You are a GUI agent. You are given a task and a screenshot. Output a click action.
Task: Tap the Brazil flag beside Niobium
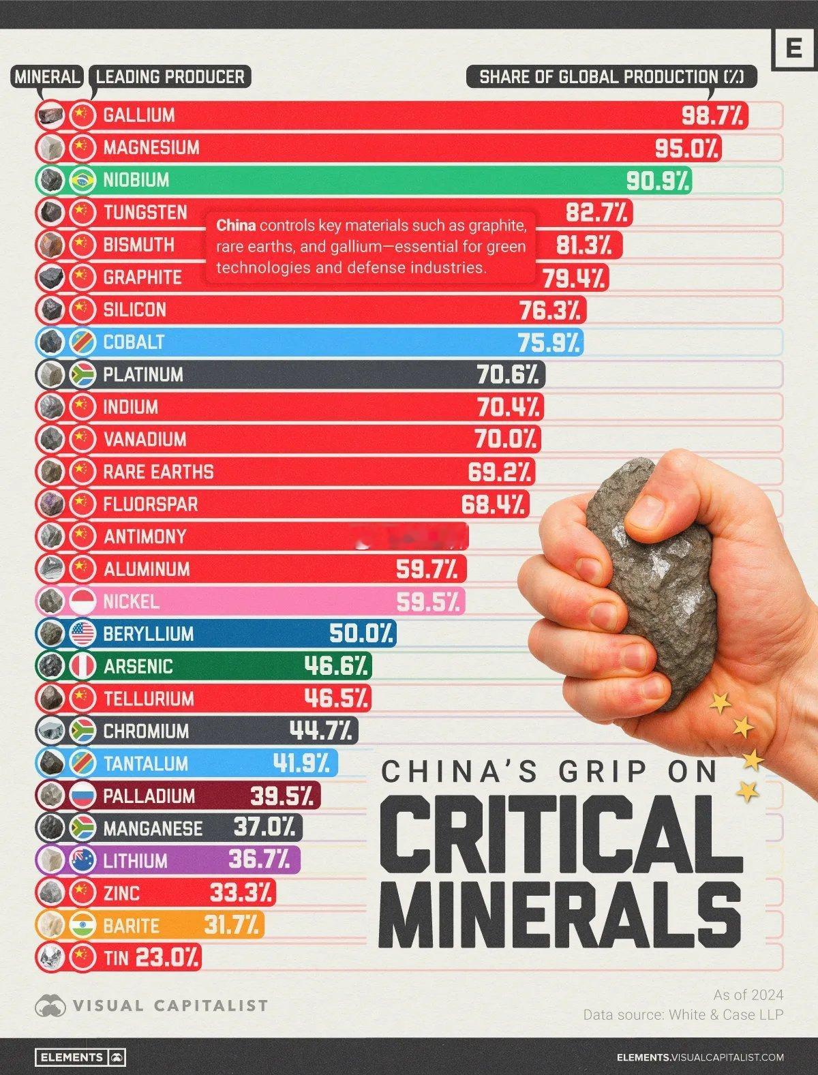coord(82,180)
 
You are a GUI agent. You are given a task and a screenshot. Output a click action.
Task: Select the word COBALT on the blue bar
coord(134,342)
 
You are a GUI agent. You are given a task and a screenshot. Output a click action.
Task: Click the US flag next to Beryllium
coord(82,634)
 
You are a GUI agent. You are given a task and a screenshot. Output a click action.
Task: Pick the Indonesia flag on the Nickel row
coord(82,601)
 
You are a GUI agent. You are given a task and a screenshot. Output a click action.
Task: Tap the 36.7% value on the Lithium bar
coord(259,860)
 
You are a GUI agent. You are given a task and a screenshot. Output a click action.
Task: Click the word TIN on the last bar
coord(116,958)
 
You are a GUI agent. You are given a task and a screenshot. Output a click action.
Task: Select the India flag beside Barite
coord(82,925)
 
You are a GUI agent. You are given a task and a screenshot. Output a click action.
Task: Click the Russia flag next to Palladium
coord(82,796)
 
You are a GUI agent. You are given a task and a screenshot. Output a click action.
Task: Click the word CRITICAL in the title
coord(556,835)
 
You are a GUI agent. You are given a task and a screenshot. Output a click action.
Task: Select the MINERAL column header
coord(47,76)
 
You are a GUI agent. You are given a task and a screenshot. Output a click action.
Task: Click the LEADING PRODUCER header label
coord(170,76)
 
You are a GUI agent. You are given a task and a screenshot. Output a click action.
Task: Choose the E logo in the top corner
coord(793,49)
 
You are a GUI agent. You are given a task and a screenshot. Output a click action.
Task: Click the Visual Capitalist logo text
coord(170,1005)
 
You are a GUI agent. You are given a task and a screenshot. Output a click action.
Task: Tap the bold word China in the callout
coord(236,226)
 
